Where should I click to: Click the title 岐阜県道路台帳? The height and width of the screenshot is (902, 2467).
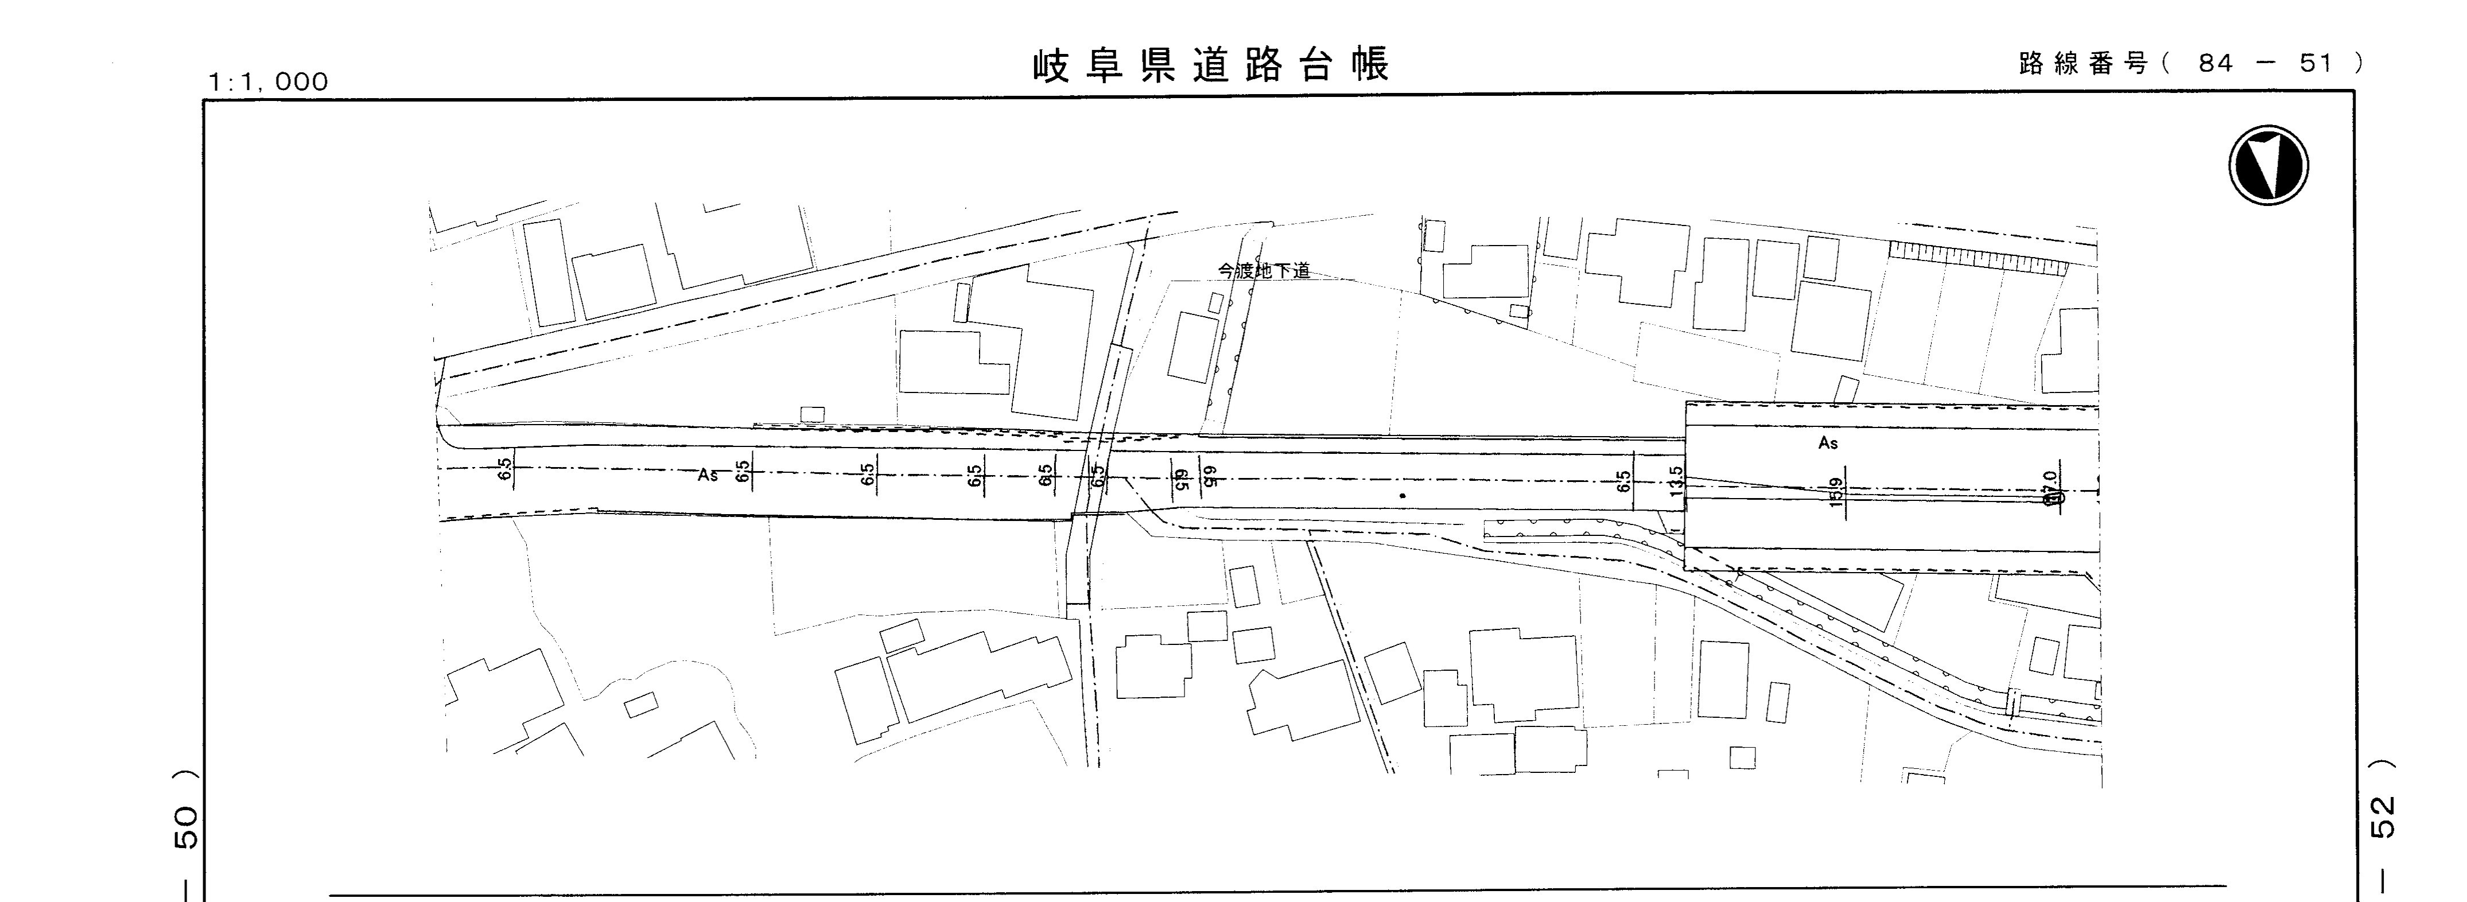[x=1211, y=65]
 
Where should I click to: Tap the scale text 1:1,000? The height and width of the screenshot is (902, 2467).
[x=268, y=83]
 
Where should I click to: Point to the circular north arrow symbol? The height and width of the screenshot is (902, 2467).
[x=2268, y=165]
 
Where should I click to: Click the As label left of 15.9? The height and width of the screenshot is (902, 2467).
[x=1828, y=444]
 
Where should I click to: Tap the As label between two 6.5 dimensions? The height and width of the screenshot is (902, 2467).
[x=708, y=475]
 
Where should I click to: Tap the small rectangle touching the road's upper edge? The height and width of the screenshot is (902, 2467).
[x=812, y=415]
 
